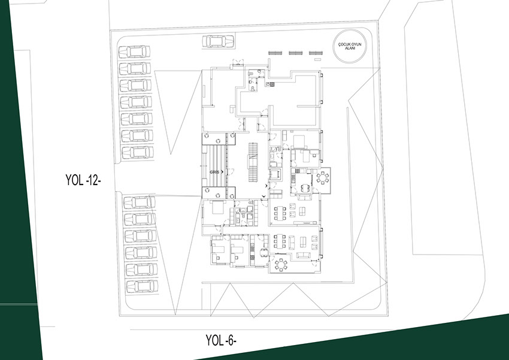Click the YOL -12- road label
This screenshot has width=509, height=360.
tap(83, 180)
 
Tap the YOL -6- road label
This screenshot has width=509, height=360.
tap(221, 340)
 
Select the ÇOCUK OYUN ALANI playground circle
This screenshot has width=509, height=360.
tap(350, 46)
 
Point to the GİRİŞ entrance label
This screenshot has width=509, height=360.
tap(214, 172)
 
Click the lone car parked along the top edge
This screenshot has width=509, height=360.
tap(218, 41)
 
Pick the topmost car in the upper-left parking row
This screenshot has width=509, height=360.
tap(134, 52)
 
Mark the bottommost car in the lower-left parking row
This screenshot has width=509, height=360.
tap(142, 286)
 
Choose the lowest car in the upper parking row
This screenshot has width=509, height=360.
tap(137, 153)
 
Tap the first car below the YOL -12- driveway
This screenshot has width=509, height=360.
tap(140, 202)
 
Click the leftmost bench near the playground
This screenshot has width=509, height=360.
tap(275, 53)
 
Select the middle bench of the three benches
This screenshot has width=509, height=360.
tap(296, 53)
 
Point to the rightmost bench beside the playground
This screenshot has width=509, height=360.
tap(316, 53)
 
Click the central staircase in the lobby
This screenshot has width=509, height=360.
tap(253, 163)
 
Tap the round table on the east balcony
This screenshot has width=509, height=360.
tap(323, 177)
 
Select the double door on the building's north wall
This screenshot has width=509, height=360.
tap(238, 63)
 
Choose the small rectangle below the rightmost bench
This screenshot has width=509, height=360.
tap(318, 59)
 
